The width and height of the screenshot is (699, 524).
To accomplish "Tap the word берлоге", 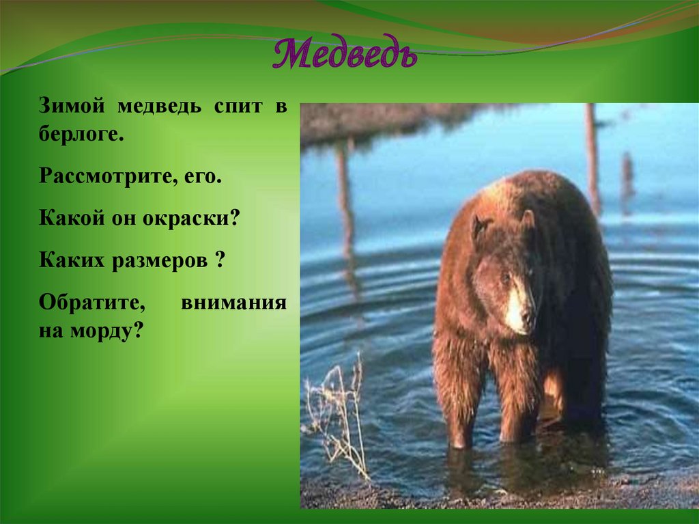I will click(81, 134).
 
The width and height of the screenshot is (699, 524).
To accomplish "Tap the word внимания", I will click(233, 303).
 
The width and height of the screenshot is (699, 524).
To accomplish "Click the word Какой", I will click(66, 220).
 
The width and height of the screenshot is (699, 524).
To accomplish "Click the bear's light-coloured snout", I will click(517, 307).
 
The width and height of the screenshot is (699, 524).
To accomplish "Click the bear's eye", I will click(506, 276).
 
